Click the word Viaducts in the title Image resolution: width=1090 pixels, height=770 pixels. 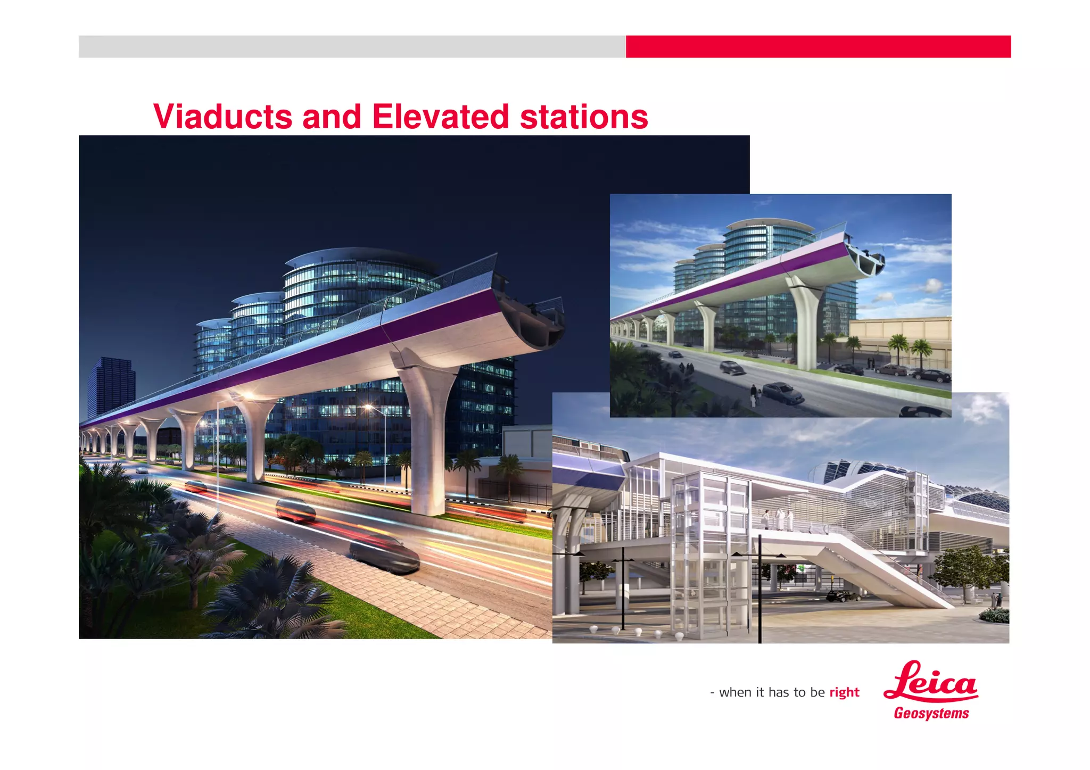click(222, 117)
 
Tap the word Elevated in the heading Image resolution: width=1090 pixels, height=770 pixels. click(440, 117)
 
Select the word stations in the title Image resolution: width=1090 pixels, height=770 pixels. click(584, 117)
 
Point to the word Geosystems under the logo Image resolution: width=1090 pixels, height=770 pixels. click(931, 713)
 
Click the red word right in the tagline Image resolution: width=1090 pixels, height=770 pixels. click(844, 692)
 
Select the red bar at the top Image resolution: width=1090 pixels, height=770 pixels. click(818, 47)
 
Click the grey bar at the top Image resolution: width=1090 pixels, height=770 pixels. click(352, 47)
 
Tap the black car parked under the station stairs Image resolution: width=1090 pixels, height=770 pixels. click(843, 597)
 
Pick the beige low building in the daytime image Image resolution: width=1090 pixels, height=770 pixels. click(899, 335)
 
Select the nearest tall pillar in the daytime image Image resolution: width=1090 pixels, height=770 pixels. click(805, 325)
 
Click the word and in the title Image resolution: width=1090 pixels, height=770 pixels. click(332, 117)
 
